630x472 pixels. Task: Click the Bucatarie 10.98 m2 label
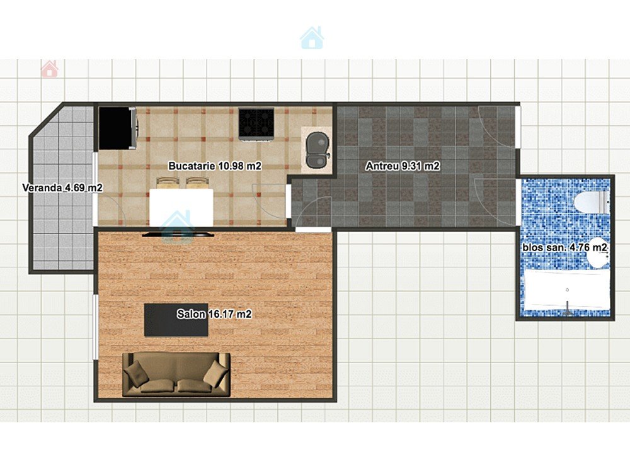pyautogui.click(x=215, y=166)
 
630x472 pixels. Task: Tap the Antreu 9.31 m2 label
pyautogui.click(x=403, y=166)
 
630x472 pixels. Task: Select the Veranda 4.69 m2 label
pyautogui.click(x=62, y=188)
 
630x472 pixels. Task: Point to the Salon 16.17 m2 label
pyautogui.click(x=214, y=314)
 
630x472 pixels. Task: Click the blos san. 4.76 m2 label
pyautogui.click(x=564, y=247)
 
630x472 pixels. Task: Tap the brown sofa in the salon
pyautogui.click(x=176, y=374)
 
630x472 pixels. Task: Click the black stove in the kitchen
pyautogui.click(x=256, y=123)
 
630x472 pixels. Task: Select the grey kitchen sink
pyautogui.click(x=318, y=150)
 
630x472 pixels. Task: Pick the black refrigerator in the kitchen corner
pyautogui.click(x=118, y=128)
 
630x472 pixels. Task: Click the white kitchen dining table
pyautogui.click(x=181, y=208)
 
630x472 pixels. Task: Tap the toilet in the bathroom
pyautogui.click(x=592, y=203)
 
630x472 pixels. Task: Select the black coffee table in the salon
pyautogui.click(x=176, y=320)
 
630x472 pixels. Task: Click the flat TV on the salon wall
pyautogui.click(x=178, y=233)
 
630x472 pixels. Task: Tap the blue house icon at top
pyautogui.click(x=312, y=38)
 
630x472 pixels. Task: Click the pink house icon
pyautogui.click(x=49, y=69)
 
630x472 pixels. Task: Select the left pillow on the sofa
pyautogui.click(x=135, y=373)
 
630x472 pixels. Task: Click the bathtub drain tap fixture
pyautogui.click(x=568, y=308)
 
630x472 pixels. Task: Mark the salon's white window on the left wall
pyautogui.click(x=95, y=327)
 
